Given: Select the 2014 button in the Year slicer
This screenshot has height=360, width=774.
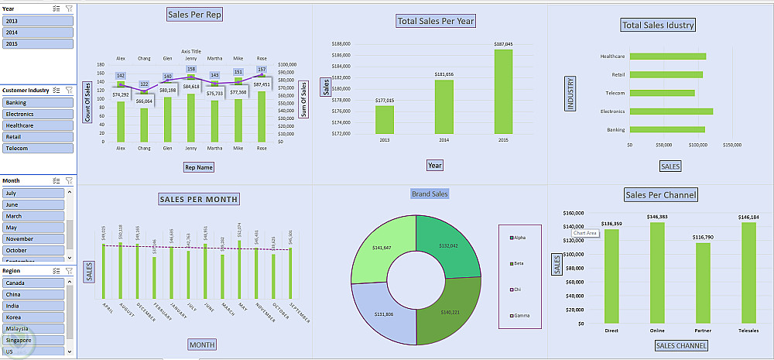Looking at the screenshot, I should [37, 33].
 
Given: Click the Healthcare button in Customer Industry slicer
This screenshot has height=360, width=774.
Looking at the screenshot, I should [37, 125].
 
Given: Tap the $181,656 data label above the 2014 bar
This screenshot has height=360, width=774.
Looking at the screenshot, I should [444, 74].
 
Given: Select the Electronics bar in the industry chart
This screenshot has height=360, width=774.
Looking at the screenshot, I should [670, 111].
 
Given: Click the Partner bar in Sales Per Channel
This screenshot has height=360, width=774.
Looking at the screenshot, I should [703, 283].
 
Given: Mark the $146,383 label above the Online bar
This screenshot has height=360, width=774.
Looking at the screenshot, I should [659, 217].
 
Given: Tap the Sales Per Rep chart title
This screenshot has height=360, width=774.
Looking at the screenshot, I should [194, 15].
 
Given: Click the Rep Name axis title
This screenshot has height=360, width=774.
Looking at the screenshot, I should [199, 166].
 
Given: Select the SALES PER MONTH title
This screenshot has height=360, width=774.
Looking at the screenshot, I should [198, 199].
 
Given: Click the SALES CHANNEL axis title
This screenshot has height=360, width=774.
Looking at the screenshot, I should [681, 345].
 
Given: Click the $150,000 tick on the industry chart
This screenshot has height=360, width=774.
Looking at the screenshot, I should [731, 145].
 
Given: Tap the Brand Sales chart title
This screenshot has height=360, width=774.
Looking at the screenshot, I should [430, 194].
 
